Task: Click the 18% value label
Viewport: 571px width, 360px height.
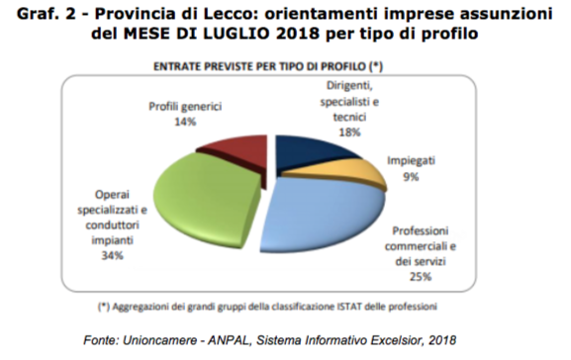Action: pyautogui.click(x=349, y=133)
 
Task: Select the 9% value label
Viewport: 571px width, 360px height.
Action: pyautogui.click(x=411, y=177)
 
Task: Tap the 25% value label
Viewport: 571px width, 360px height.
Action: pyautogui.click(x=421, y=277)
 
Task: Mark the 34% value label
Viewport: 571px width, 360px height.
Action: pyautogui.click(x=112, y=256)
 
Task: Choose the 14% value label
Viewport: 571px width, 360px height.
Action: pyautogui.click(x=185, y=122)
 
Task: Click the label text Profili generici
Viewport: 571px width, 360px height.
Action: pyautogui.click(x=185, y=107)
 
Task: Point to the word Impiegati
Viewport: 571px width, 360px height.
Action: pyautogui.click(x=411, y=161)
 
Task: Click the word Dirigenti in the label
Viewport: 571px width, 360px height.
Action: pyautogui.click(x=349, y=86)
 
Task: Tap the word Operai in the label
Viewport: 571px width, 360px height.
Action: pyautogui.click(x=112, y=195)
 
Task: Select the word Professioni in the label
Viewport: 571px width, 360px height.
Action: pyautogui.click(x=421, y=230)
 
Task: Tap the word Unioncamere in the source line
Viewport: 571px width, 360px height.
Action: pyautogui.click(x=158, y=340)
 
